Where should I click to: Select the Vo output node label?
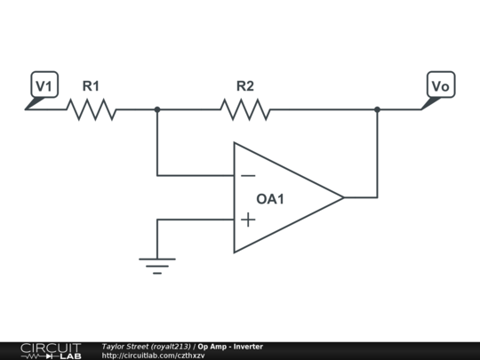point(439,85)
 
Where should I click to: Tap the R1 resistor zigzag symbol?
point(91,109)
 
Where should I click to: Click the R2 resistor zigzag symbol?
point(245,109)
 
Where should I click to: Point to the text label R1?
point(91,86)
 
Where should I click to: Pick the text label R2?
point(245,86)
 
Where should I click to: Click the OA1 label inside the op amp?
point(270,199)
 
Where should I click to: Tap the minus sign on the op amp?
point(248,176)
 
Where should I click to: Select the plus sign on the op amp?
point(248,220)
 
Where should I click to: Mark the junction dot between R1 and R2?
point(157,109)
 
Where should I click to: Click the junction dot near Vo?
point(377,109)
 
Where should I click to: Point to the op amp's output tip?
point(343,197)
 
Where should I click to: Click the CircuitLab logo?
point(50,350)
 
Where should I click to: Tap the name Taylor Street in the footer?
point(124,346)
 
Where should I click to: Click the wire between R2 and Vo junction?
point(324,109)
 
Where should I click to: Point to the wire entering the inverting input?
point(196,175)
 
